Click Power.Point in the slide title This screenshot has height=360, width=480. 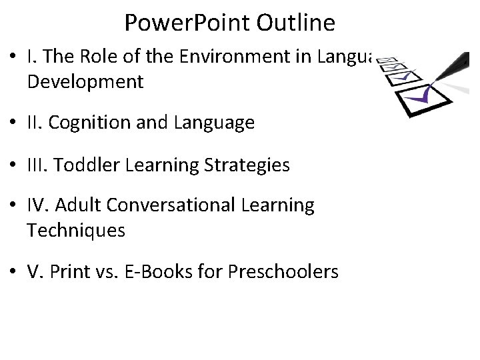[x=186, y=24]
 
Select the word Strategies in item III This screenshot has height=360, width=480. [x=252, y=164]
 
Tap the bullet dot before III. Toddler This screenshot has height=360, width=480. [x=15, y=165]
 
